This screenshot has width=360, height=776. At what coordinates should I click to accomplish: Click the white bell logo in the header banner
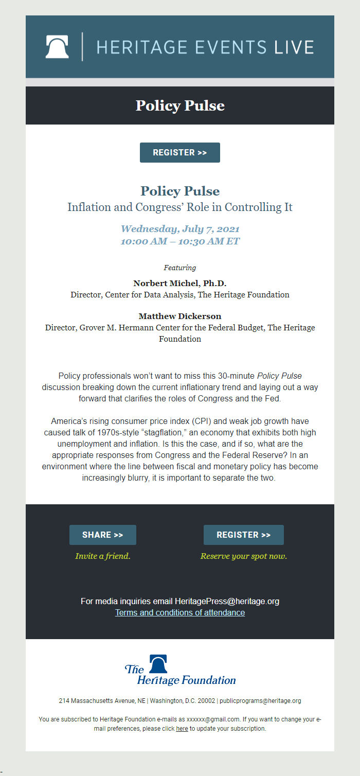click(x=57, y=47)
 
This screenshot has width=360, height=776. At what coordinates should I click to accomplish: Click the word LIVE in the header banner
click(x=294, y=47)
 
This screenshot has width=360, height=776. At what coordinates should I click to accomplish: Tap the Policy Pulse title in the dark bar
click(x=180, y=105)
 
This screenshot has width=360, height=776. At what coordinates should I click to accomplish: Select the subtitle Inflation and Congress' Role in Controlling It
click(x=180, y=207)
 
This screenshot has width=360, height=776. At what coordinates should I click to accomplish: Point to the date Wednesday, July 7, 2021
click(x=180, y=228)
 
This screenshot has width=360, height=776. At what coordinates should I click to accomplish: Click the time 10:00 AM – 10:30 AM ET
click(x=180, y=241)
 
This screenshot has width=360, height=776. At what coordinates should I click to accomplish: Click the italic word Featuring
click(x=180, y=268)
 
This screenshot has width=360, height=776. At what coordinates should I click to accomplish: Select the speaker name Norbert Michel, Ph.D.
click(x=180, y=284)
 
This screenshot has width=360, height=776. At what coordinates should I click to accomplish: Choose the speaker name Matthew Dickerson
click(x=180, y=316)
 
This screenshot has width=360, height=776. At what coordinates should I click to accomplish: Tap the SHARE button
click(x=103, y=535)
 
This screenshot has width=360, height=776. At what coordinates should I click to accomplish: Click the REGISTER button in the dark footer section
click(x=244, y=535)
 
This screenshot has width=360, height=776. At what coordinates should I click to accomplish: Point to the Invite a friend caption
click(x=103, y=556)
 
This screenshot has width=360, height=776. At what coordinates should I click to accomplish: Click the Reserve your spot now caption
click(x=244, y=556)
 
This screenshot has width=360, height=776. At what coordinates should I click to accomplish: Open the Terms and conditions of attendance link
click(x=180, y=612)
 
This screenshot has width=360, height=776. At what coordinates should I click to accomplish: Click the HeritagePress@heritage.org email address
click(x=227, y=601)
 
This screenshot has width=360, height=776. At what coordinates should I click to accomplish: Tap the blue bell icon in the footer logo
click(x=158, y=664)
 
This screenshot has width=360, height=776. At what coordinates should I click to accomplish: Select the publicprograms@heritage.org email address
click(x=260, y=701)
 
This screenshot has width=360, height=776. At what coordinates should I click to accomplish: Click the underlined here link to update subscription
click(x=182, y=729)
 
